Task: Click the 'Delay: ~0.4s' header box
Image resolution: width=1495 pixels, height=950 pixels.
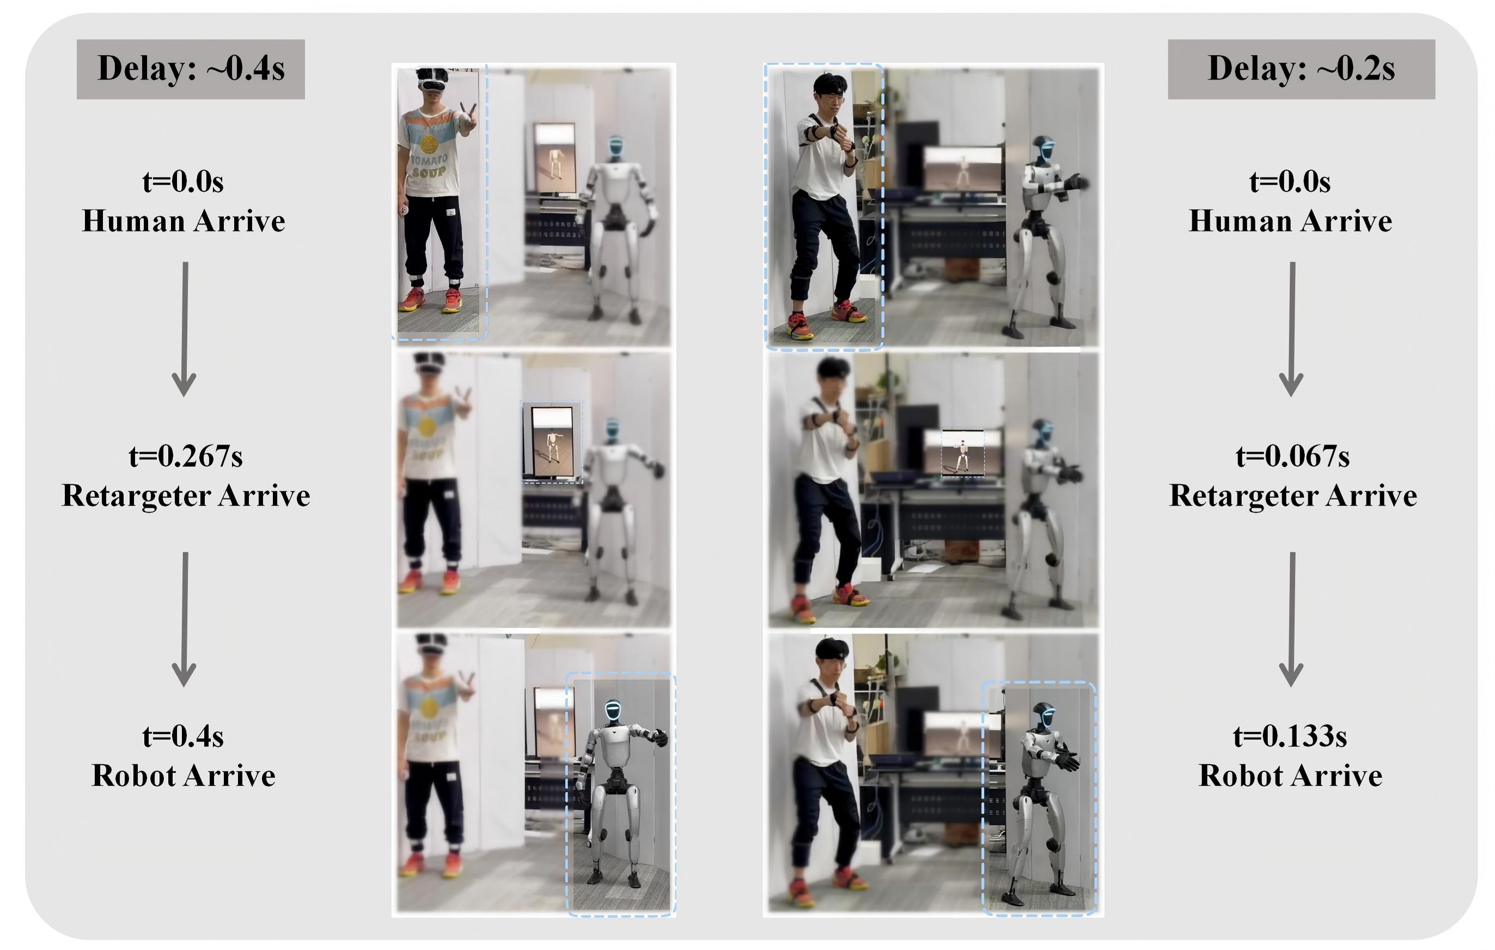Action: click(191, 69)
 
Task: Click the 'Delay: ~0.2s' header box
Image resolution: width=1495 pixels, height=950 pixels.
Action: click(1301, 69)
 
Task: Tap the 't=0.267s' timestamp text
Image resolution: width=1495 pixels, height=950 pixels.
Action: click(186, 456)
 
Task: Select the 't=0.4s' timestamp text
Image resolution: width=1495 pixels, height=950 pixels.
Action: click(183, 736)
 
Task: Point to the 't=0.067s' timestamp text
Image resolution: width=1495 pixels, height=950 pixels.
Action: click(1292, 456)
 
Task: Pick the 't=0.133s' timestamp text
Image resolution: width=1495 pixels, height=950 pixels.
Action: click(1290, 736)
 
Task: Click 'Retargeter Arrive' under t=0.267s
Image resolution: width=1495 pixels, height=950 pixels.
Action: click(186, 496)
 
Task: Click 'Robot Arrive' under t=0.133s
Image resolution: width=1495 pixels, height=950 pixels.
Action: click(1290, 776)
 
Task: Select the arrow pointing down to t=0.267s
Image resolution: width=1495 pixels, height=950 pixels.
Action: click(185, 329)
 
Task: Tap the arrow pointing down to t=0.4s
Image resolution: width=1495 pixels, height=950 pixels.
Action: click(185, 619)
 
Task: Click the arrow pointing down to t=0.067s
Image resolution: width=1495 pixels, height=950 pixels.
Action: click(1292, 329)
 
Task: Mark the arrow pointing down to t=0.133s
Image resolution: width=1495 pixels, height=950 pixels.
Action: click(1292, 619)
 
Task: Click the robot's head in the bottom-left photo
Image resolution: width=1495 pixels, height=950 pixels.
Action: click(613, 711)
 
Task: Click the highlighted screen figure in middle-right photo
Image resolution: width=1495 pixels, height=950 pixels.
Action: click(962, 453)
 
